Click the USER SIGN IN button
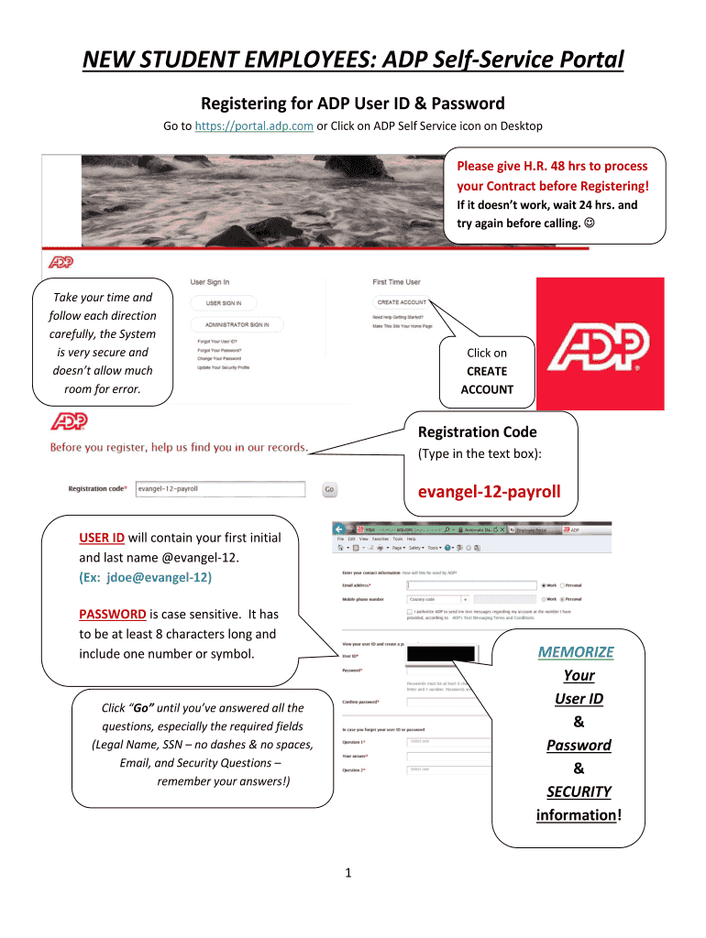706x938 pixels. point(224,302)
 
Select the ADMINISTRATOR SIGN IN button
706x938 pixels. point(237,324)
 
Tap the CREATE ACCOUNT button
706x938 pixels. point(401,302)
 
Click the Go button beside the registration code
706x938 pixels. point(329,489)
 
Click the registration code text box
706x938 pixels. point(220,489)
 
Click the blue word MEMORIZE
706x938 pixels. point(576,652)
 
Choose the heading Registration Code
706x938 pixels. point(477,431)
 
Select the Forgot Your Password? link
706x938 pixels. point(219,350)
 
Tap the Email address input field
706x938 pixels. point(471,584)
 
